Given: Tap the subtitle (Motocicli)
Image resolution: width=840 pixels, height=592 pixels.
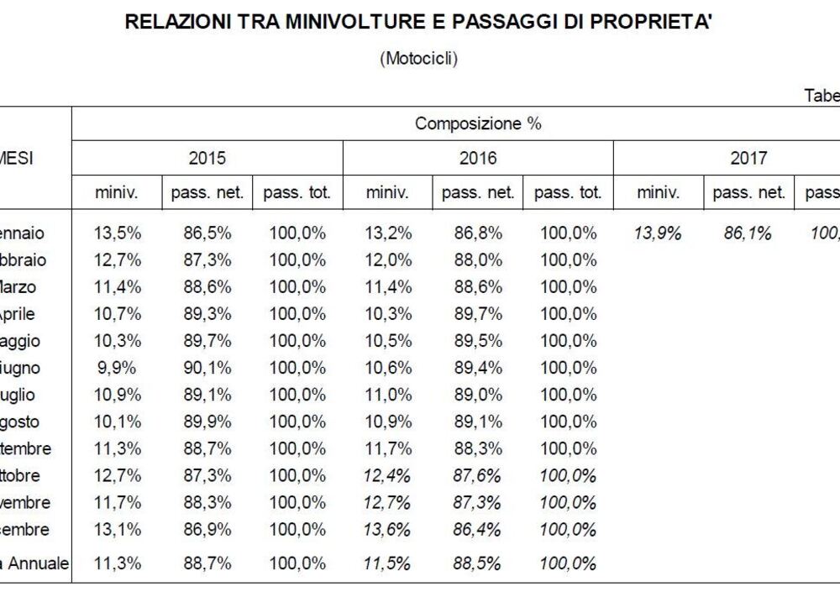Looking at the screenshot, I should [x=419, y=59].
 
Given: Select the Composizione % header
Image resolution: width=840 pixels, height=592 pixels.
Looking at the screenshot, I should [x=478, y=124].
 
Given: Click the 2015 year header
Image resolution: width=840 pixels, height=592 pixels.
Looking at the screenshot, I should [x=207, y=158].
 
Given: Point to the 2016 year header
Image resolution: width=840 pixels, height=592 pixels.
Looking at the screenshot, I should [x=478, y=158].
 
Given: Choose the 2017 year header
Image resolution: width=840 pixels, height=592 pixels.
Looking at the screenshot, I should [x=748, y=158].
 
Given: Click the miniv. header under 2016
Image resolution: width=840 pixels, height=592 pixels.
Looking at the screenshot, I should [x=387, y=193].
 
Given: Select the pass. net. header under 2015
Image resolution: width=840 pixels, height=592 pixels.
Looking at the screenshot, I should [x=207, y=193].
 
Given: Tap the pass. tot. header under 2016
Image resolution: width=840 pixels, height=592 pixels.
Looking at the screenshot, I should [x=568, y=193].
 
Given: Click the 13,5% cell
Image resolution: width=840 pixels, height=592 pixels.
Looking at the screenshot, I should [x=117, y=233].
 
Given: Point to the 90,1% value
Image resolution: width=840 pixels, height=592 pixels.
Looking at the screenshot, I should [x=207, y=368].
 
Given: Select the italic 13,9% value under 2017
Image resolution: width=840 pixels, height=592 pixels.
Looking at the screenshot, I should [x=658, y=233].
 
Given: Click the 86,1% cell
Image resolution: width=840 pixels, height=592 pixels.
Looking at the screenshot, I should [x=748, y=233].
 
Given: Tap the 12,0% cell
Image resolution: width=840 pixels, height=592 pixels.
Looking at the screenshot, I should [x=387, y=260].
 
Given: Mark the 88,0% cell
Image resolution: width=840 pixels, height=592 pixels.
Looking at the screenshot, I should [x=478, y=260].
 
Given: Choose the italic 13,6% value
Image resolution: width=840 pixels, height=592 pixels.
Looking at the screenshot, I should [x=387, y=530].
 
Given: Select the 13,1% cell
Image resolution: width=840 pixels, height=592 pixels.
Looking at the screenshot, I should [x=117, y=530].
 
